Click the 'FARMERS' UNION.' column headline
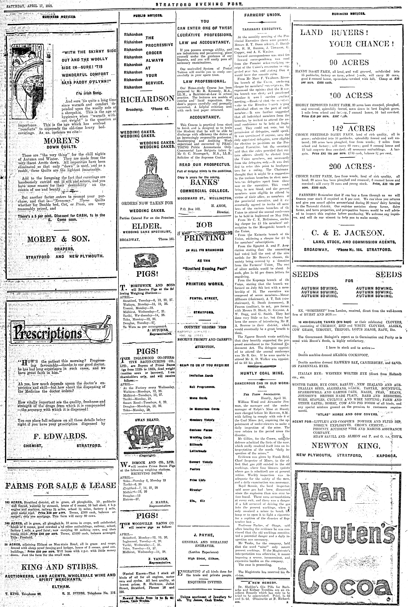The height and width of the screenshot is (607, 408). (262, 15)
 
